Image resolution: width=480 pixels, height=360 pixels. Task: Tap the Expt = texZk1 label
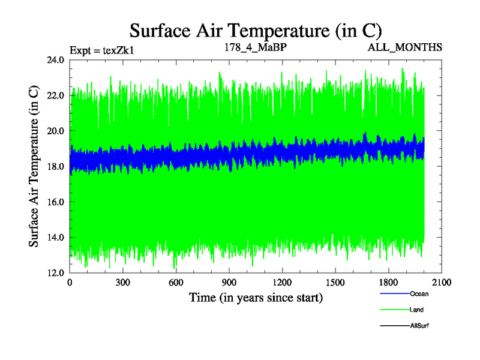(101, 50)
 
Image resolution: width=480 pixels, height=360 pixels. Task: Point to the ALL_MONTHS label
(406, 47)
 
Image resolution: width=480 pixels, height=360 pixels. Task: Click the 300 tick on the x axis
(123, 282)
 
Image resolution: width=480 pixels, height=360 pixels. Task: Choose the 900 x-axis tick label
(229, 282)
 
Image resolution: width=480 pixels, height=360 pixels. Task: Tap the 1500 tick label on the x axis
(335, 282)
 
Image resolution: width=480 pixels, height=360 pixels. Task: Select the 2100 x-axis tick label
(442, 282)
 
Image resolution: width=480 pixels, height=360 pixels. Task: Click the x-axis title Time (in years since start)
(256, 297)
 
